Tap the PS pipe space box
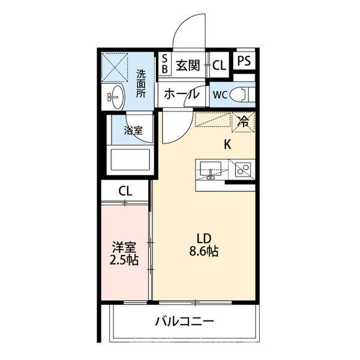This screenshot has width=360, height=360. (x=243, y=61)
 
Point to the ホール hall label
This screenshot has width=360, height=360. (x=181, y=95)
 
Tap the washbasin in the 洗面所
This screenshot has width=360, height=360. (x=116, y=95)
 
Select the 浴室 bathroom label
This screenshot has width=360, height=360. (x=133, y=128)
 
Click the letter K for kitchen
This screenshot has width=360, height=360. (x=227, y=144)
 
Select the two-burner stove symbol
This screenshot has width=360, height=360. (x=242, y=170)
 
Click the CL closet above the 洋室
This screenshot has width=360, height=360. (x=125, y=191)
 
